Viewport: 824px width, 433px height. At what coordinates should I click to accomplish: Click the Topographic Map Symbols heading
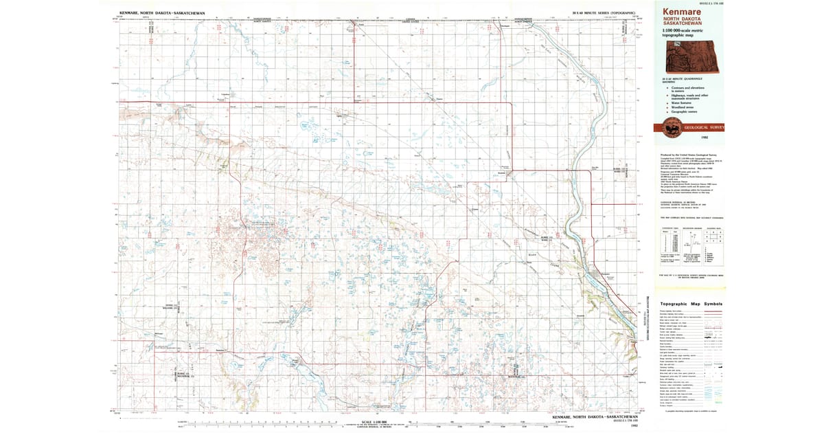tap(691, 303)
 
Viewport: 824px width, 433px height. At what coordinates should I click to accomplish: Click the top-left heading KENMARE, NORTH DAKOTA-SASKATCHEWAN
tap(155, 13)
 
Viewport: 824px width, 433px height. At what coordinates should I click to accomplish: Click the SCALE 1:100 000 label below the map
tap(374, 421)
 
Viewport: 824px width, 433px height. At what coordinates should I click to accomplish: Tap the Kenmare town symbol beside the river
tap(604, 275)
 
